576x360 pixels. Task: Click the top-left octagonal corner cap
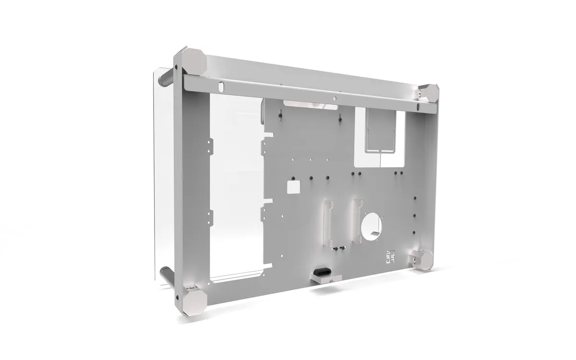pyautogui.click(x=195, y=62)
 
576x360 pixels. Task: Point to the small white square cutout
pyautogui.click(x=292, y=186)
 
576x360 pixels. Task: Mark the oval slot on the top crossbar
pyautogui.click(x=221, y=86)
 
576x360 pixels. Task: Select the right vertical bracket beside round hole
pyautogui.click(x=358, y=218)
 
